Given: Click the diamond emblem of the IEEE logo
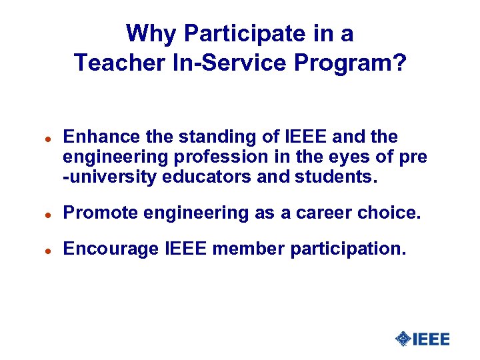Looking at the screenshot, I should coord(402,339).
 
